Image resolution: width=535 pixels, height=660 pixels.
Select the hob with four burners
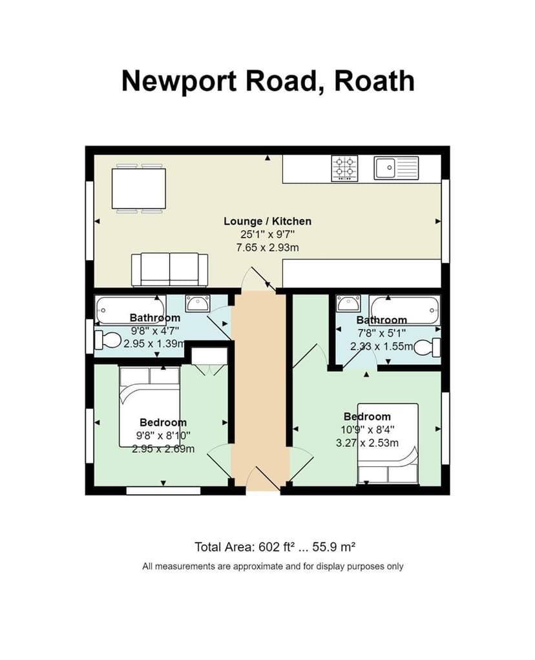tap(345, 168)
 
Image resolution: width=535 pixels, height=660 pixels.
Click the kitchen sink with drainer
tap(396, 168)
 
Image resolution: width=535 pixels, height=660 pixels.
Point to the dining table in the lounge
tap(138, 188)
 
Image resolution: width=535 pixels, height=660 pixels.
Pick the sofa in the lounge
tap(169, 269)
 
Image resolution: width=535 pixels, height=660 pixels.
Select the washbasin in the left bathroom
tap(197, 303)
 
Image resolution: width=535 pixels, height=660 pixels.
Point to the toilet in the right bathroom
tap(427, 347)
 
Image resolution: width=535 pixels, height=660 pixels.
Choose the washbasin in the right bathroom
tap(348, 303)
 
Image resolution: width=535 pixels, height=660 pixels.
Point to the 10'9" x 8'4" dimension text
tap(367, 429)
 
